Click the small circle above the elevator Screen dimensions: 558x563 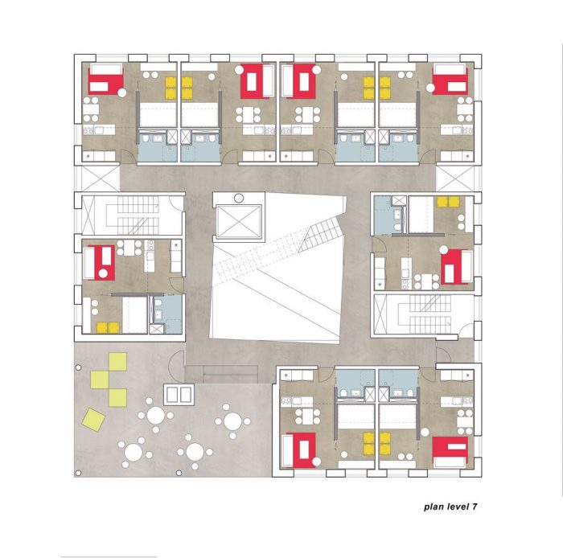coord(237,197)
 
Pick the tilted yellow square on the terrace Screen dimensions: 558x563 coord(92,418)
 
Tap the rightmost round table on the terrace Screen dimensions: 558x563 coord(232,421)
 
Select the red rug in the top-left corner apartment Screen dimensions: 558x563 coord(105,81)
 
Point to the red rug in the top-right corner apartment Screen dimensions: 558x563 coord(450,81)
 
